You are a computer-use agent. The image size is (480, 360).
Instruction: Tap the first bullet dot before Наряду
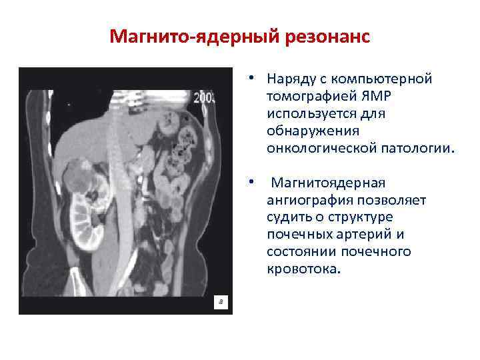click(x=247, y=79)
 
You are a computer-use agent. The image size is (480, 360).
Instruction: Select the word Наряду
click(x=288, y=79)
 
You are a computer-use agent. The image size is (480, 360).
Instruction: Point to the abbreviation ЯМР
click(x=381, y=97)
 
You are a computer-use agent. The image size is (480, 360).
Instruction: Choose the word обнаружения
click(x=312, y=131)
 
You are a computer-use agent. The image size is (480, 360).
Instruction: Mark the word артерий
click(x=371, y=235)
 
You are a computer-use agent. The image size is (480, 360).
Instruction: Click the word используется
click(x=310, y=114)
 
